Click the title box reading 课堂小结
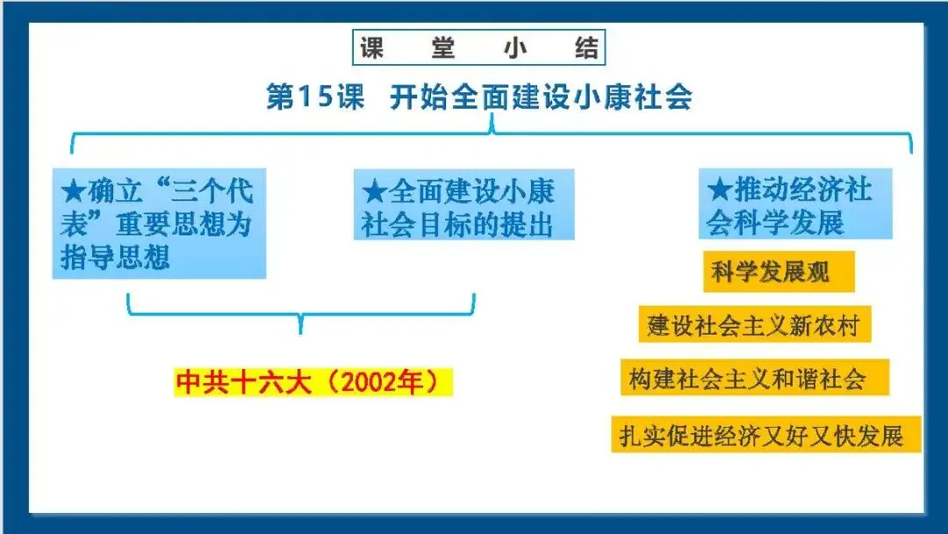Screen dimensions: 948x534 coord(479,47)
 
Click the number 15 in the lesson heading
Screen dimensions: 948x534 coord(314,97)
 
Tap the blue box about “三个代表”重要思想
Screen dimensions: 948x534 coord(159,223)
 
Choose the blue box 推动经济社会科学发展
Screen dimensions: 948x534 coord(795,205)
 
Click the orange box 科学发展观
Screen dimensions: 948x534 coord(778,273)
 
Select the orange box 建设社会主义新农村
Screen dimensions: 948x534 coord(754,326)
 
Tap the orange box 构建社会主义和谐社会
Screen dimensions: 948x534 coord(754,379)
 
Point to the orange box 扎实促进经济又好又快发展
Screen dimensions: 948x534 coord(765,435)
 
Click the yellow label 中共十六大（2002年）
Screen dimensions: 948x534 coord(313,383)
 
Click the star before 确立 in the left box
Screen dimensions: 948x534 coord(73,191)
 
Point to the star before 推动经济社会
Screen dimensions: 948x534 coord(720,190)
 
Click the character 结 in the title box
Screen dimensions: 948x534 coord(585,47)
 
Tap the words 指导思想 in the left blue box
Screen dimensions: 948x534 coord(115,257)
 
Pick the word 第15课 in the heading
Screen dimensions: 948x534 coord(314,97)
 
